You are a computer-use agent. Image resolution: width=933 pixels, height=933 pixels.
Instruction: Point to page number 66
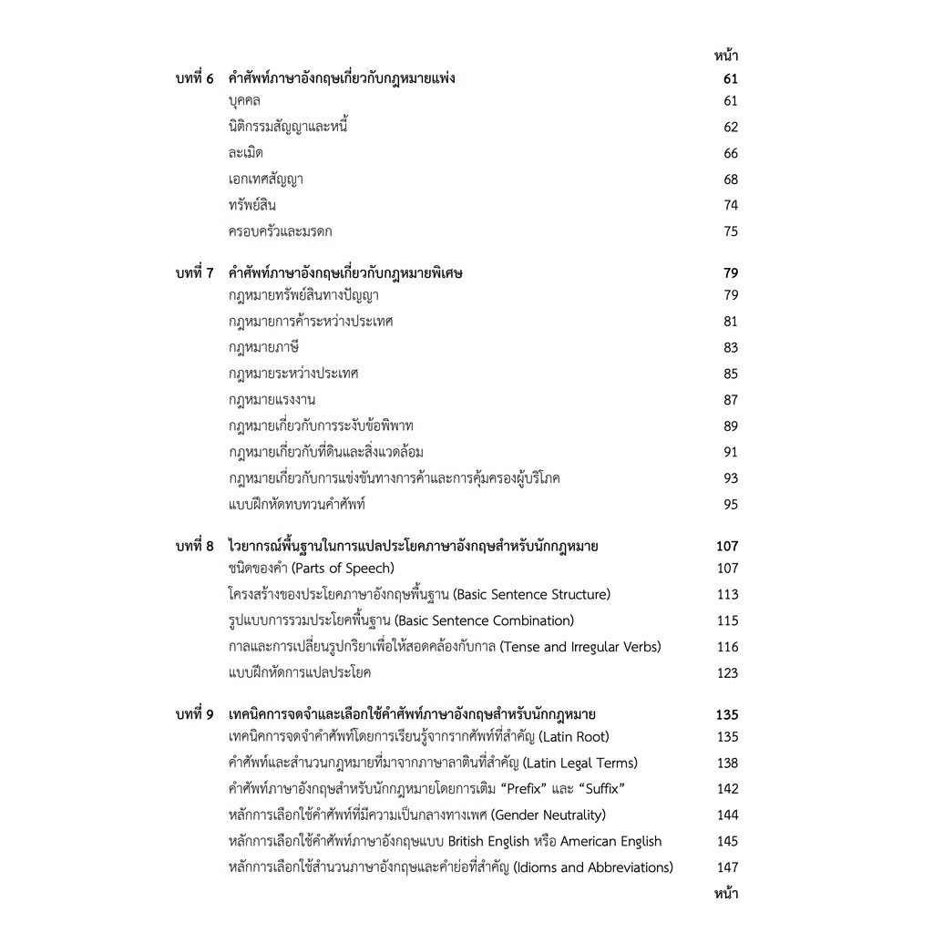731,153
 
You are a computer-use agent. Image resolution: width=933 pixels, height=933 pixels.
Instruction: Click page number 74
731,206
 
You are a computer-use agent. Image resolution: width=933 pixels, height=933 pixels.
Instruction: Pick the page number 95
731,505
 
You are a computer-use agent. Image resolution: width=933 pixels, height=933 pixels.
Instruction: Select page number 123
727,673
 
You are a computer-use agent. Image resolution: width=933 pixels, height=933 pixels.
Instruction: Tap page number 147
727,868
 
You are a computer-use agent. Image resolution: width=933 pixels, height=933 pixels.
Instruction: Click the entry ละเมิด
246,153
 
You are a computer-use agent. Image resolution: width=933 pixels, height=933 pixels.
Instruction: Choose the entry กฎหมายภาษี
264,348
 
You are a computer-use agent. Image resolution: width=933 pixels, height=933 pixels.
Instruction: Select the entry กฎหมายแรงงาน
272,400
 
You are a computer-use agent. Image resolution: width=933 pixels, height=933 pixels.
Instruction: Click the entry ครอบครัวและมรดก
280,232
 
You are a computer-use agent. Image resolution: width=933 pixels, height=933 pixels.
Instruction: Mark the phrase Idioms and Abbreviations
593,868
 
